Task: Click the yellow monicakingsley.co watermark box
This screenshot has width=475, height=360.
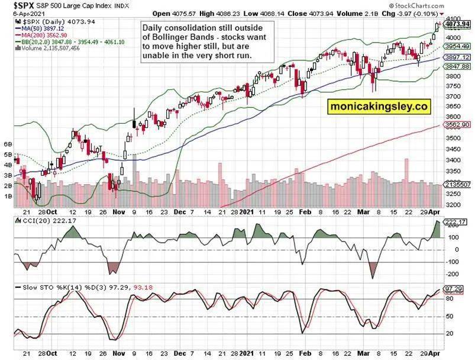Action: [379, 107]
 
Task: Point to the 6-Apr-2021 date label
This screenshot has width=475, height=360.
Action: [29, 14]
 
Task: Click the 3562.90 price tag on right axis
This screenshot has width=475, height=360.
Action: [457, 125]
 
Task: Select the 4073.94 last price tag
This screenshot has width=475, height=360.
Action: [457, 24]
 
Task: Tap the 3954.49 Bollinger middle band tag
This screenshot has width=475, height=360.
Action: [457, 46]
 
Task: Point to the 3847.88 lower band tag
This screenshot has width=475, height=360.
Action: [457, 66]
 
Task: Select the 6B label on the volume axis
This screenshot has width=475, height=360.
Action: [8, 144]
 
